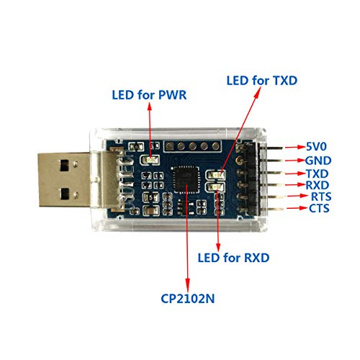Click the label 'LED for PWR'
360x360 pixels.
[149, 95]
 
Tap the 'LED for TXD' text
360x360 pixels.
[262, 81]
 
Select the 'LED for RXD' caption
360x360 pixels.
[233, 258]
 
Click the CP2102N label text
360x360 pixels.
[187, 299]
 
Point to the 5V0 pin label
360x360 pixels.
[316, 146]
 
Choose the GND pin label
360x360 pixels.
[318, 161]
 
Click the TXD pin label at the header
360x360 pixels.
[317, 174]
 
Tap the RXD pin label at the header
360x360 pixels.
[317, 185]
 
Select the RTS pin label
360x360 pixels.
[321, 197]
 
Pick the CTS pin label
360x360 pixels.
[319, 208]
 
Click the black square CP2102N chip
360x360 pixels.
[186, 180]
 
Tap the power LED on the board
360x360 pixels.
[150, 160]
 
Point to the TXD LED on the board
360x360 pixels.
[215, 175]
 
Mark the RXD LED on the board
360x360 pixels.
[215, 186]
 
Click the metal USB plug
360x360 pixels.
[63, 179]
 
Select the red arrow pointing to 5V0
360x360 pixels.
[296, 147]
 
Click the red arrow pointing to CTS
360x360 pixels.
[297, 208]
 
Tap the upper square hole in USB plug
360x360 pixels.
[65, 166]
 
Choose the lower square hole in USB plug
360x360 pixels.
[65, 194]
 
